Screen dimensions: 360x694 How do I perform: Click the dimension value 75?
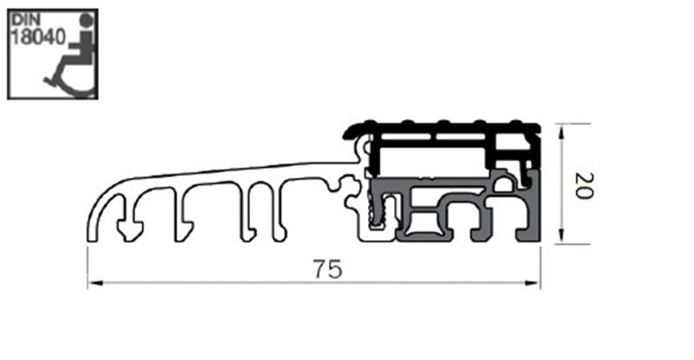coord(324,270)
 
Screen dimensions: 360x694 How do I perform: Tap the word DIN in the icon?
coord(29,20)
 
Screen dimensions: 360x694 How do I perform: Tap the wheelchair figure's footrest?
coord(49,81)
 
